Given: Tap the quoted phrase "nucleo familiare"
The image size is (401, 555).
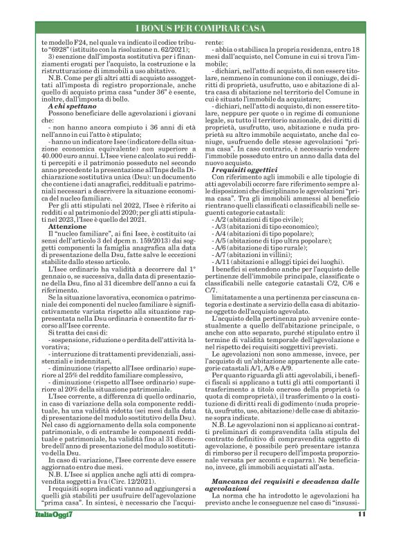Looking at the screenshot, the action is (75, 216).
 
